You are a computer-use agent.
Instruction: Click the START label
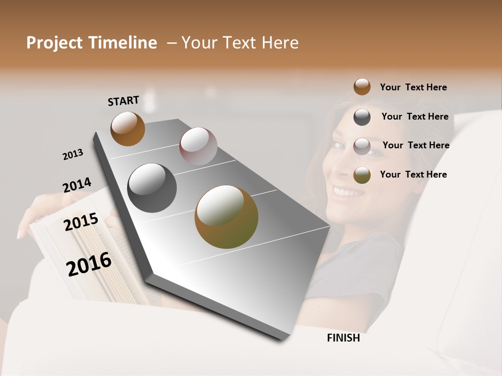[x=123, y=101]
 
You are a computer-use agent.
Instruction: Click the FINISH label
[x=344, y=338]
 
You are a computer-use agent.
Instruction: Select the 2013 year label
[x=73, y=155]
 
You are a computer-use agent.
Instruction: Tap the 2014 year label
[x=77, y=185]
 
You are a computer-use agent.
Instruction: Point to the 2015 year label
[x=81, y=222]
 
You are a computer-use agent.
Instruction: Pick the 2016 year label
[x=89, y=264]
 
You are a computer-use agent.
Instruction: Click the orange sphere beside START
[x=128, y=128]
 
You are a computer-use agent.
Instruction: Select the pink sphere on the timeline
[x=198, y=146]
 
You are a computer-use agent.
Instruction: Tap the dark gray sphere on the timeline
[x=152, y=188]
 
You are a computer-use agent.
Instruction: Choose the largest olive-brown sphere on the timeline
[x=226, y=217]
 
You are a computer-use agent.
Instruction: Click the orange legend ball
[x=362, y=87]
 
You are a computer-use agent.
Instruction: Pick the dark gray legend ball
[x=362, y=117]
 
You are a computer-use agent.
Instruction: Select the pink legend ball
[x=362, y=146]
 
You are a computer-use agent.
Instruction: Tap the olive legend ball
[x=362, y=175]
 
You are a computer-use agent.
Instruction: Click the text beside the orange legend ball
[x=413, y=87]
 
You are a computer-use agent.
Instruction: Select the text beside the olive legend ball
[x=413, y=174]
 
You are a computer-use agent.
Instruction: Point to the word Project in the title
[x=55, y=43]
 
